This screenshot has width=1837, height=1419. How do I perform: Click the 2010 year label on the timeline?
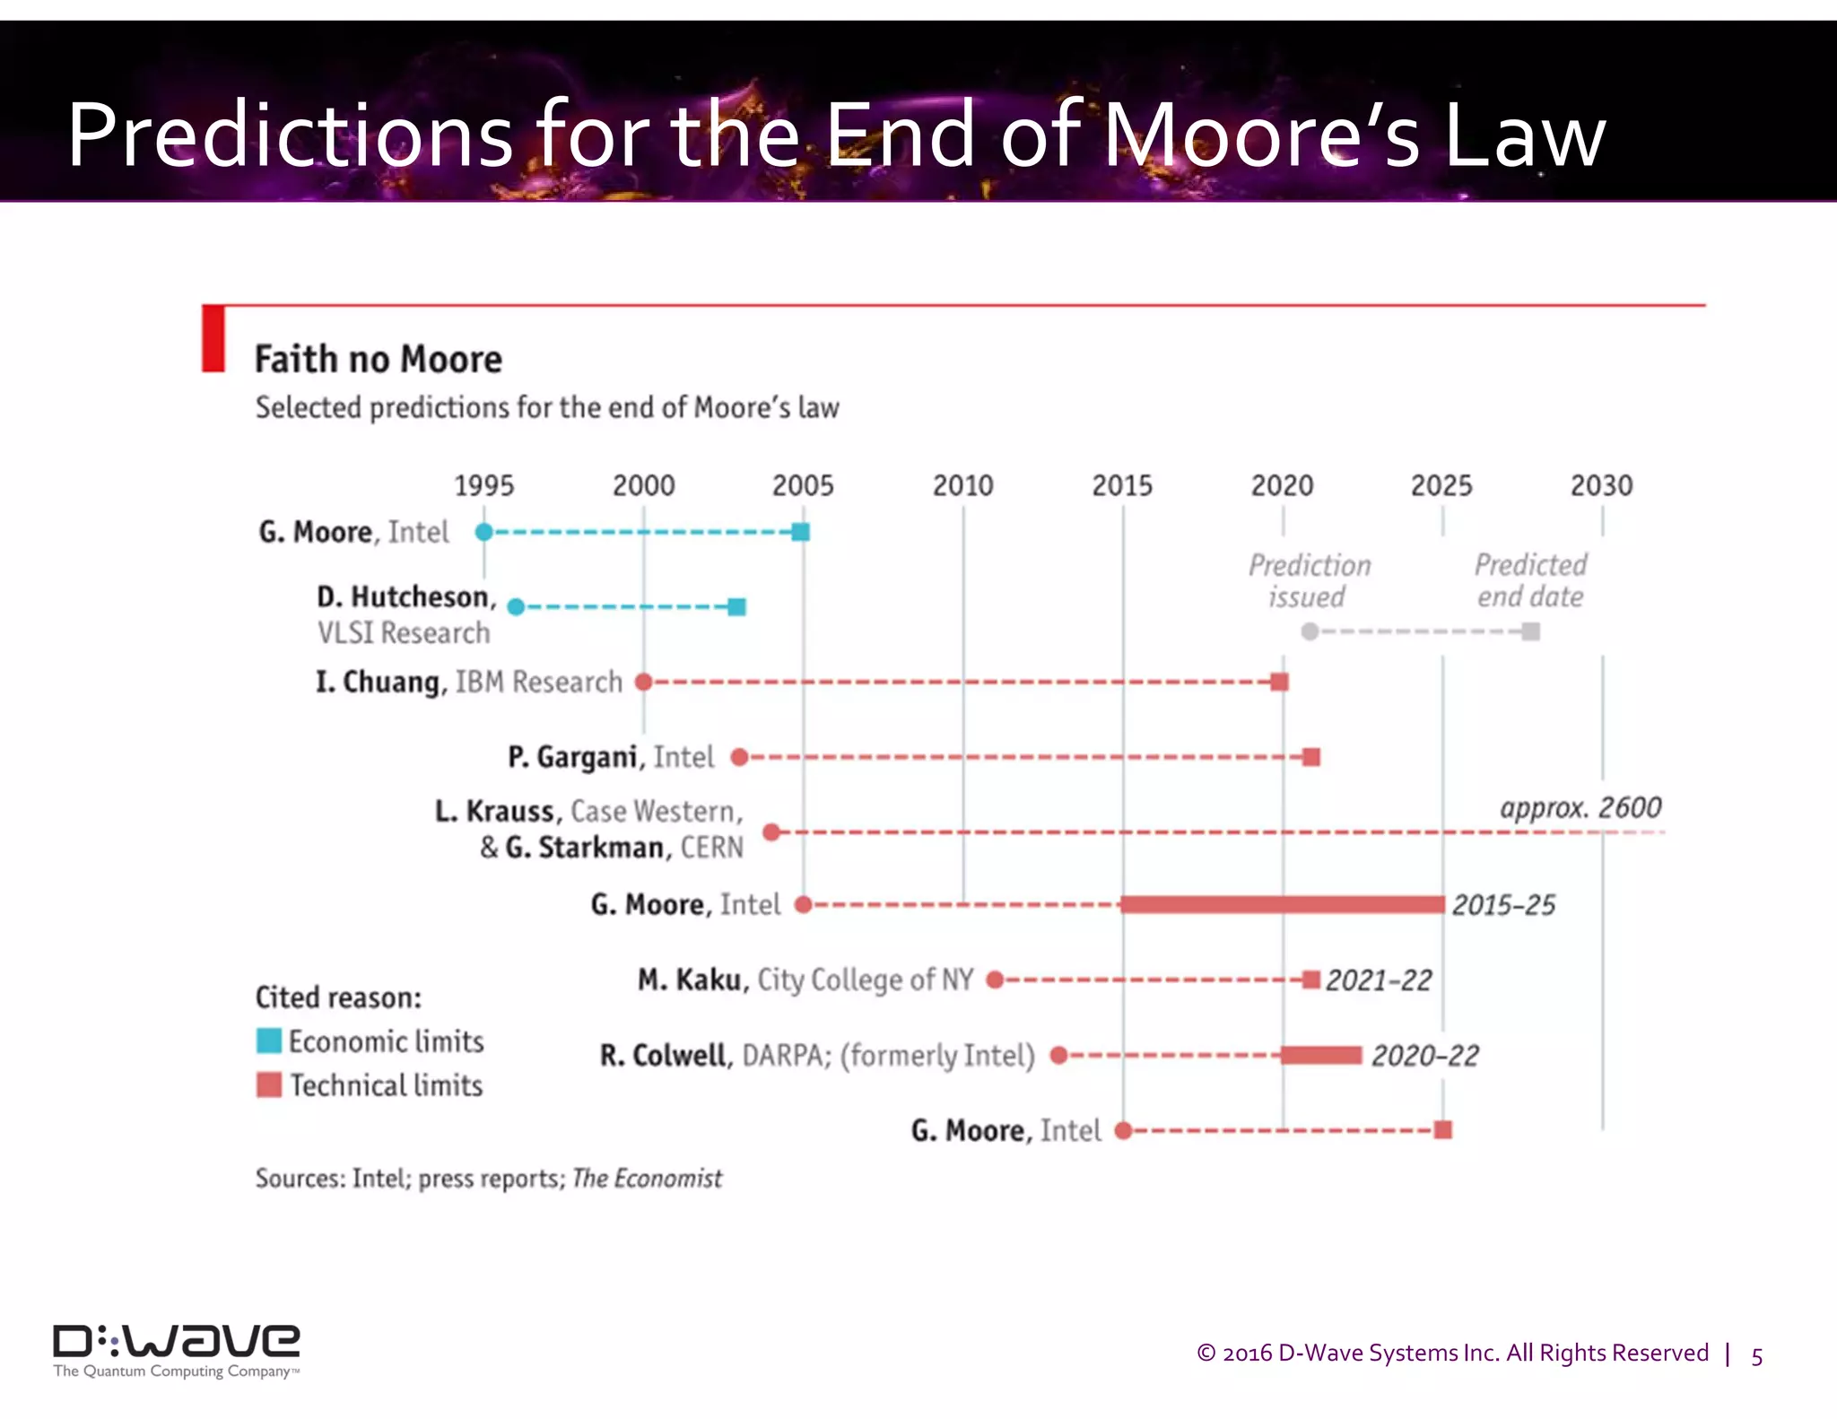[x=962, y=485]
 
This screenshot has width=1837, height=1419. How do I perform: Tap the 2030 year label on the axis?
[x=1601, y=485]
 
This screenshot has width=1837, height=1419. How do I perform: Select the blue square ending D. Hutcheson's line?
[x=736, y=607]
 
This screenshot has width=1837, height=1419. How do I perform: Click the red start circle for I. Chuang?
[x=643, y=682]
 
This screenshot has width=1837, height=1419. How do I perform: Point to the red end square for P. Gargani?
[x=1310, y=757]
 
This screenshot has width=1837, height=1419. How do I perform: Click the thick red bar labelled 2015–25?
[x=1283, y=904]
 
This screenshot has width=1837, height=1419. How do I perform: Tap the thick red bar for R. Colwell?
[x=1320, y=1055]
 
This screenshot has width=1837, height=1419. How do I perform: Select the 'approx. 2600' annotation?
[x=1580, y=807]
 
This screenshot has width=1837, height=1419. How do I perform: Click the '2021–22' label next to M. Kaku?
[x=1379, y=980]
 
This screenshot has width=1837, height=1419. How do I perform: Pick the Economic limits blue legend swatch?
[x=268, y=1041]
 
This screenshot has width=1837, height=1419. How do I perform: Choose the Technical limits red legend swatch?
[x=268, y=1085]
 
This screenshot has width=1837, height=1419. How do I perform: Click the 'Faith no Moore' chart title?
[x=378, y=360]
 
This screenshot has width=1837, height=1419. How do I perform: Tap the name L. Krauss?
[x=494, y=811]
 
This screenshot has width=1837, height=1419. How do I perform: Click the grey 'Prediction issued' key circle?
[x=1310, y=631]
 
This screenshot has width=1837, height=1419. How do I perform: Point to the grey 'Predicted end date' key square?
[x=1531, y=631]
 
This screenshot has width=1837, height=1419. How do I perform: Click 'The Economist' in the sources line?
[x=647, y=1178]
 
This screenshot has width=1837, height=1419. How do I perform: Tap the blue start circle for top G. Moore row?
[x=483, y=532]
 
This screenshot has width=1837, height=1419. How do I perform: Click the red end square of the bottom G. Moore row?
[x=1442, y=1130]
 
